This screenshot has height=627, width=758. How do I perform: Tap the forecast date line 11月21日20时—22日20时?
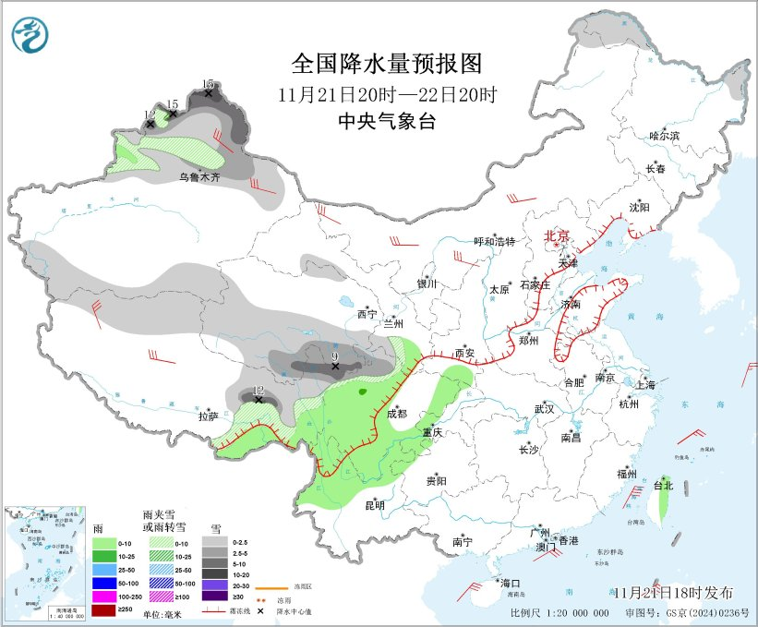click(x=387, y=94)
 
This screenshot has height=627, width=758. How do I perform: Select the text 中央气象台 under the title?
click(x=386, y=121)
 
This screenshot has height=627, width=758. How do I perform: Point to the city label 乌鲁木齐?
click(x=199, y=176)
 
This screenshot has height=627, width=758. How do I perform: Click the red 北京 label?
click(x=557, y=235)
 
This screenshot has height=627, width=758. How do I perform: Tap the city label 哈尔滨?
click(x=664, y=136)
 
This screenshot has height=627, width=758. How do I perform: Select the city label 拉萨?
click(x=208, y=416)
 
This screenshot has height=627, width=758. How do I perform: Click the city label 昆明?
click(x=375, y=504)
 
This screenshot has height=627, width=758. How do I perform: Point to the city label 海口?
click(x=510, y=583)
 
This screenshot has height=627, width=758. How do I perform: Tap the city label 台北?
click(x=663, y=485)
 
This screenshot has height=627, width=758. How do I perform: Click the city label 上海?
click(x=645, y=384)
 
